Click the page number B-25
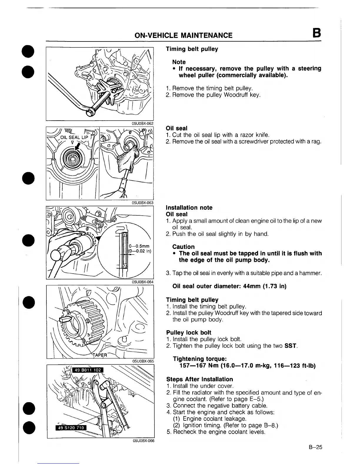[316, 447]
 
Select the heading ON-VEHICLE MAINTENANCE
[183, 36]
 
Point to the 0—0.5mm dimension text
[140, 246]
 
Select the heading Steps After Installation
[199, 379]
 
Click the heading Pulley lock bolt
[189, 332]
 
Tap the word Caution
[184, 247]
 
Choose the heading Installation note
[189, 207]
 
